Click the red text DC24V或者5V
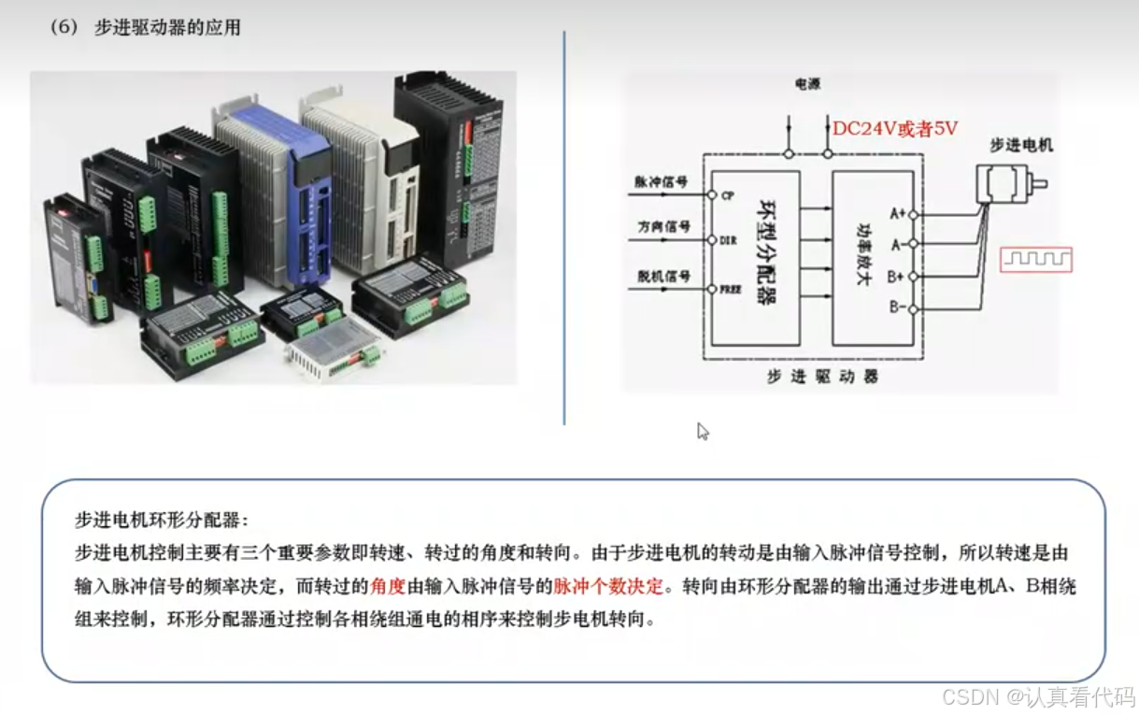pos(895,129)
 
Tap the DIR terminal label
pos(729,240)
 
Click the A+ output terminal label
pos(897,214)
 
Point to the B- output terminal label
pos(896,307)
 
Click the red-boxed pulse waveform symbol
pos(1036,259)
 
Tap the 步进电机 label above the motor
pos(1021,146)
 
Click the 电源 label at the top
pos(807,85)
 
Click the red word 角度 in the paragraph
pos(388,586)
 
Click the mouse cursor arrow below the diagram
pos(703,431)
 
